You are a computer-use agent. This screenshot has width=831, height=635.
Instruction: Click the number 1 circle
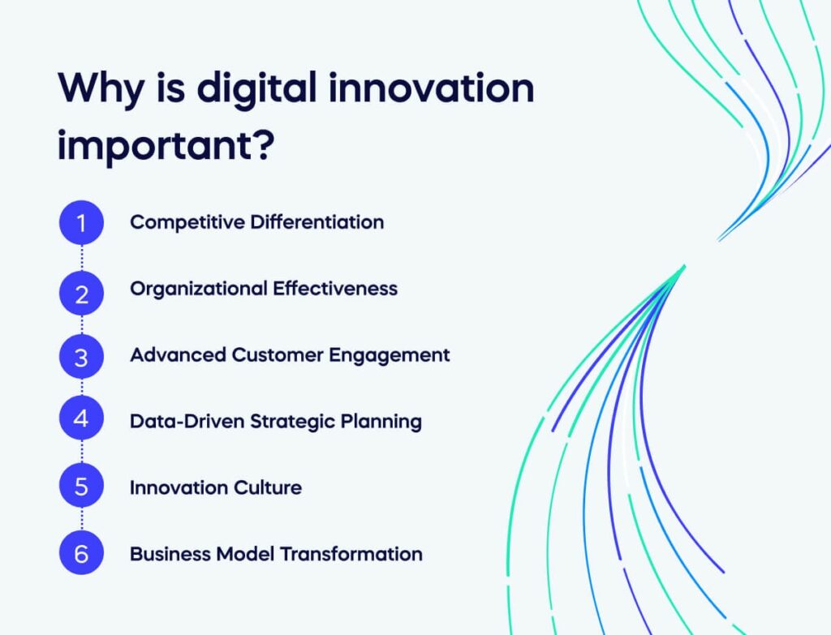81,222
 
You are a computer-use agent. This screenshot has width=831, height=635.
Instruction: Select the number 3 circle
81,355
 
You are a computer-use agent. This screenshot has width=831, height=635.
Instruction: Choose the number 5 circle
81,487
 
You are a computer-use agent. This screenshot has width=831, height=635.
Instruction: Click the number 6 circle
81,554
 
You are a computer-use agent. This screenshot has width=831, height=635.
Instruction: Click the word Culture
268,487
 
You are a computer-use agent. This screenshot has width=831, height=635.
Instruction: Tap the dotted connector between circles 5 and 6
81,521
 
